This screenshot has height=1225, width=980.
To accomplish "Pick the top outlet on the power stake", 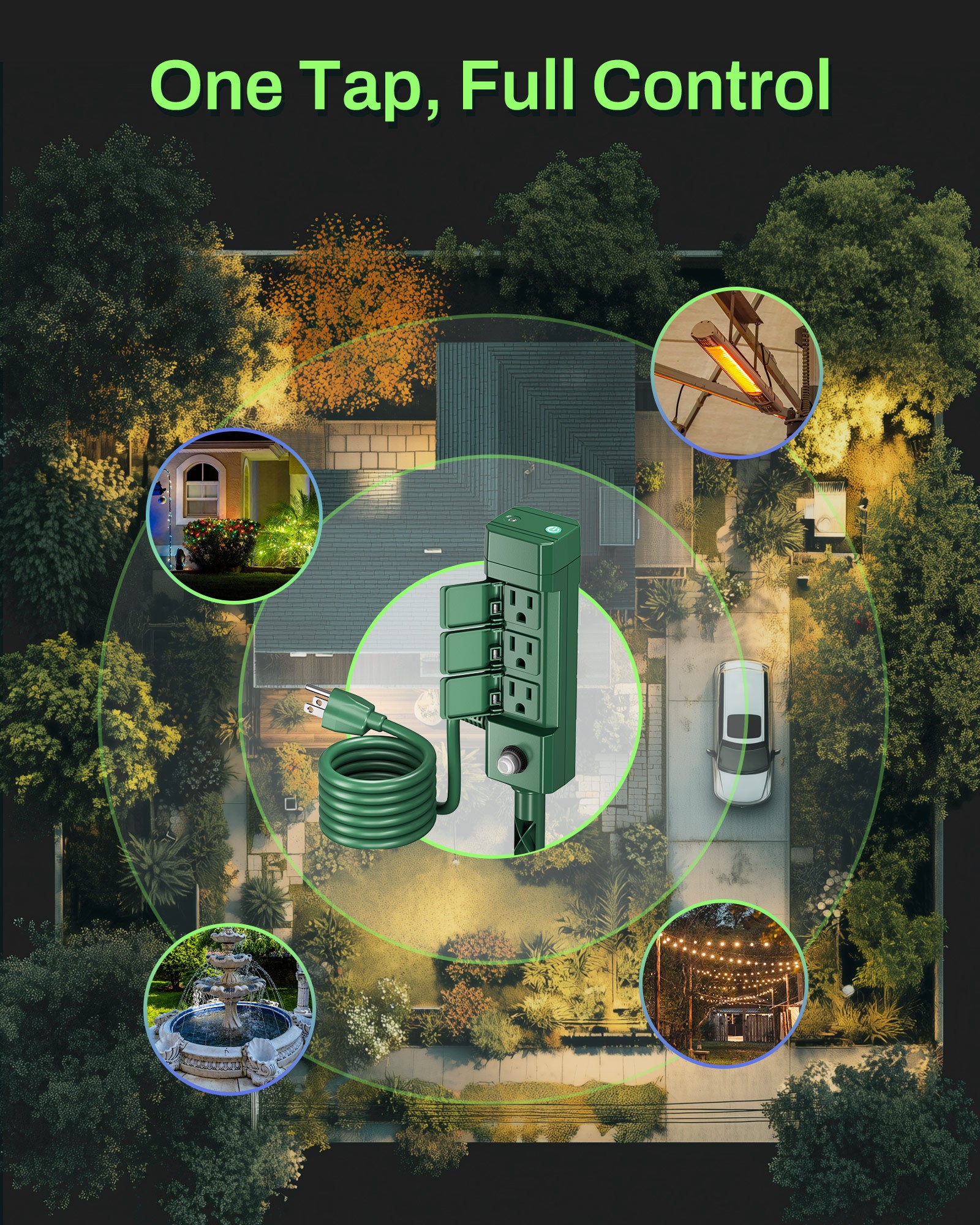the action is [521, 608].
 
